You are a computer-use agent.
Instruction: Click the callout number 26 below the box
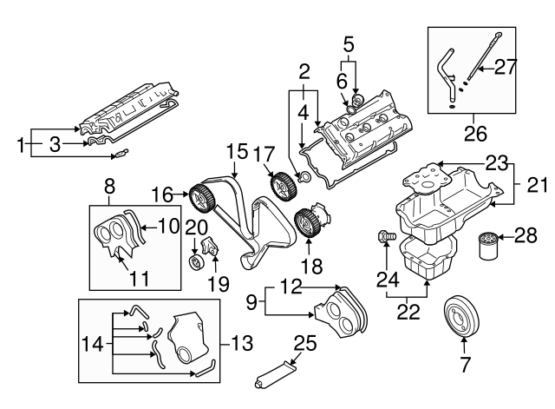click(474, 134)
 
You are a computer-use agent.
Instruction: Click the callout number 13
click(241, 342)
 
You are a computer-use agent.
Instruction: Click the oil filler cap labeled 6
click(356, 106)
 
